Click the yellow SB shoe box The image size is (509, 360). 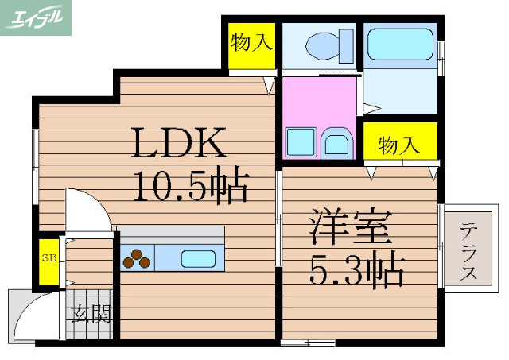pos(48,259)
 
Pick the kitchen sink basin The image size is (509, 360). pos(196,258)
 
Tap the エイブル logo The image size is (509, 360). pos(36,17)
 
